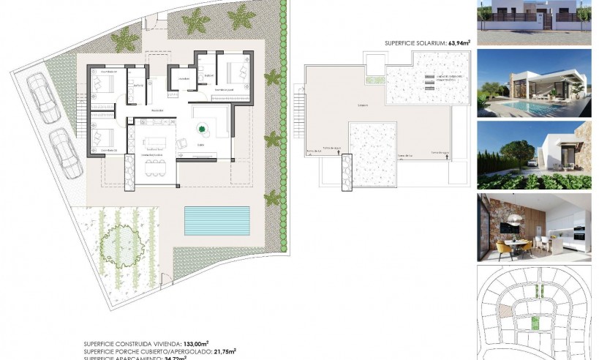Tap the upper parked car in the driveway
tap(43, 98)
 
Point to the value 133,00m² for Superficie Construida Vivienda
tap(194, 342)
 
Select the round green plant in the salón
tap(202, 130)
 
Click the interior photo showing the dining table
tap(534, 228)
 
